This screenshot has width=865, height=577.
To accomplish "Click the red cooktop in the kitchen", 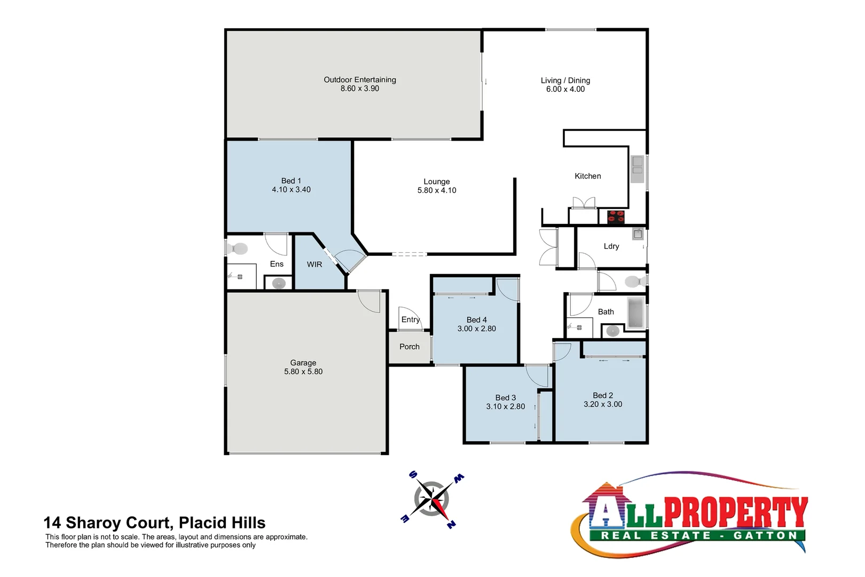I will click(x=616, y=216).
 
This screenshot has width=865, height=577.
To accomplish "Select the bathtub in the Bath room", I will click(x=635, y=313).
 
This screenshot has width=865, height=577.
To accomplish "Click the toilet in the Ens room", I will click(x=238, y=248).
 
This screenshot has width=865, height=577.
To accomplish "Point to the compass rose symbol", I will click(x=432, y=500).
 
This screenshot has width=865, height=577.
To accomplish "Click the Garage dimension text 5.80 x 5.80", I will click(x=303, y=372).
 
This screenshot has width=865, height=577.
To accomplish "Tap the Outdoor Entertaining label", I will click(x=360, y=80).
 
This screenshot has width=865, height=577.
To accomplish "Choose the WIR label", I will click(x=314, y=264).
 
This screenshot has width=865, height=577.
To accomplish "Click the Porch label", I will click(x=410, y=347).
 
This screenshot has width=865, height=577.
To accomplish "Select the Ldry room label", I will click(x=611, y=246).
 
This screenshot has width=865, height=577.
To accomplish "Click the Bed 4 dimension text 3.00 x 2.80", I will click(x=477, y=329).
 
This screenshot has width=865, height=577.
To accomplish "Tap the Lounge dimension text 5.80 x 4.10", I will click(x=437, y=191).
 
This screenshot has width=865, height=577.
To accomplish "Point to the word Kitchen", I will click(x=588, y=176).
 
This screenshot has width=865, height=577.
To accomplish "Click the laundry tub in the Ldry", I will click(x=638, y=234).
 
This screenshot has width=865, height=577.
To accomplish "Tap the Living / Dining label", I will click(x=565, y=81).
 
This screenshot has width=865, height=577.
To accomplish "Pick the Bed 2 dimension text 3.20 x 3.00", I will click(x=603, y=404).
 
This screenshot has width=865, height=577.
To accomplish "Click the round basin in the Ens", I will click(x=279, y=283).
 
